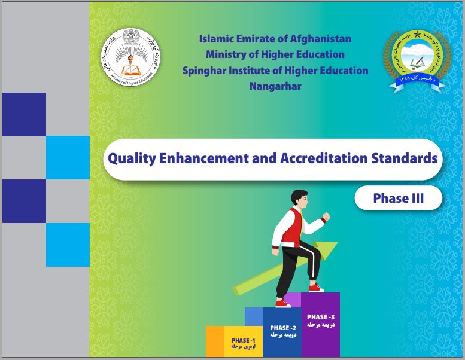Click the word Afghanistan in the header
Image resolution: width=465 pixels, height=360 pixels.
[x=321, y=39]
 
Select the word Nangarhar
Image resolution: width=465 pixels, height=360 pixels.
[x=275, y=86]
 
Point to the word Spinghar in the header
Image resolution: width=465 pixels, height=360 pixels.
[x=205, y=71]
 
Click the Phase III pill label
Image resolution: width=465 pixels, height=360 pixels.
[x=398, y=198]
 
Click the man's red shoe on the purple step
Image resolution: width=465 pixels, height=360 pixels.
[x=315, y=288]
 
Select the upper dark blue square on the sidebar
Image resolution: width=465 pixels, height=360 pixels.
[x=24, y=114]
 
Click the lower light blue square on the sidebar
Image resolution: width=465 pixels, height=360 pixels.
[x=68, y=245]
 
